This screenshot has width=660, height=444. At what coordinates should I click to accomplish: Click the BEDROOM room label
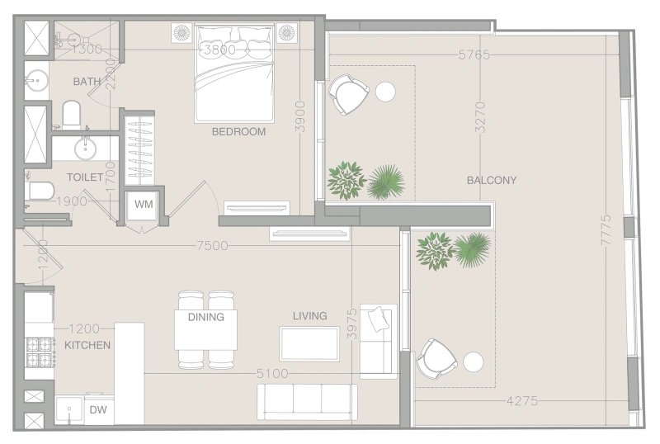click(238, 131)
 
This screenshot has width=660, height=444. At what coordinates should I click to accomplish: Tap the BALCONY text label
click(492, 180)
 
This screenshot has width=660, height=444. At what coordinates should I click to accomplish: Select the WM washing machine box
click(144, 204)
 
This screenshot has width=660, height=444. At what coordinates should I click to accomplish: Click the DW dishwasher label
click(98, 409)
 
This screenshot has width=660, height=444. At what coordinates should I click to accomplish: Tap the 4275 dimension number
click(521, 402)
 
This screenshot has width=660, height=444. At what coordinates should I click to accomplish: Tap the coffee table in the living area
click(309, 343)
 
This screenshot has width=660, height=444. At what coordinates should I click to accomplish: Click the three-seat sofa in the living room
click(308, 402)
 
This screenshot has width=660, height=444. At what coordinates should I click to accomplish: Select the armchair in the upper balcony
click(347, 94)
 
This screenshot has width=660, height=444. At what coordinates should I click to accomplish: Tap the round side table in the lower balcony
click(474, 362)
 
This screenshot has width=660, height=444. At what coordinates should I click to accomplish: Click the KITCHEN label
click(87, 345)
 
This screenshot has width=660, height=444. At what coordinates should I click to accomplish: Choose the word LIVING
click(309, 315)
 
